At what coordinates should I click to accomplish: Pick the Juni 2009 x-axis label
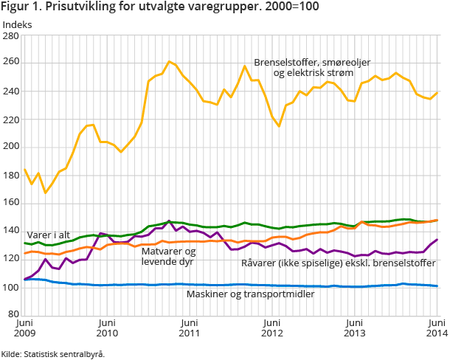point(25,328)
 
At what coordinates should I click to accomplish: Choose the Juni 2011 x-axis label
point(190,328)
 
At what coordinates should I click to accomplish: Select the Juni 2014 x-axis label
point(437,328)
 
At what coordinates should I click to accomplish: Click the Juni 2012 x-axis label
point(272,328)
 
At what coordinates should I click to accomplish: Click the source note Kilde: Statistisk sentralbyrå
point(53,354)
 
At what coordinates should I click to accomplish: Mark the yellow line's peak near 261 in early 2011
point(170,62)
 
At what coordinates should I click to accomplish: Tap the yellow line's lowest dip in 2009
point(46,193)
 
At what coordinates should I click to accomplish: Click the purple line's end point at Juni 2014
point(437,240)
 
